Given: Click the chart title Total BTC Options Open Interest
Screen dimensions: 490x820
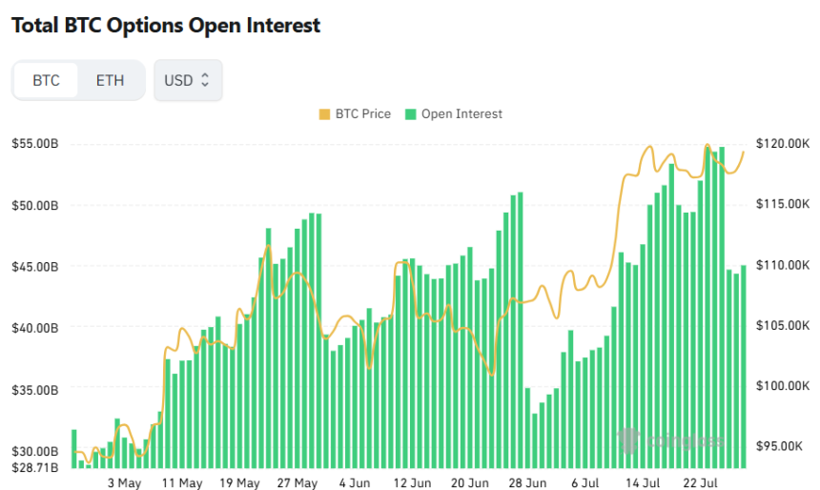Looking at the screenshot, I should coord(166,26).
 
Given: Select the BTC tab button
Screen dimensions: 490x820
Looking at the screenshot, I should coord(46,80).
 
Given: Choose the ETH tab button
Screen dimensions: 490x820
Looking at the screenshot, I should coord(110,80).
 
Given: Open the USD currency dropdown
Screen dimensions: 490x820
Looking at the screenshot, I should coord(188,80).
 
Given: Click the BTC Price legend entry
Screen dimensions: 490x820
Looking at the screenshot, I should coord(355,113).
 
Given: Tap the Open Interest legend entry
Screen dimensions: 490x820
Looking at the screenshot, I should coord(454,113).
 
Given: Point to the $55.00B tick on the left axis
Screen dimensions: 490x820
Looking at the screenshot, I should coord(35,144).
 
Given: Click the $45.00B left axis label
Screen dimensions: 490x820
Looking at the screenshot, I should coord(35,266).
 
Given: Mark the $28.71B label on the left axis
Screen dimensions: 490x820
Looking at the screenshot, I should coord(35,467).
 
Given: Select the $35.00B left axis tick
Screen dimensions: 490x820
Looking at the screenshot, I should coord(35,390).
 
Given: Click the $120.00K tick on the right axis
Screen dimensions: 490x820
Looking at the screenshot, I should coord(782,144).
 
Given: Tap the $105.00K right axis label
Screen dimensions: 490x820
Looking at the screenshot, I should coord(782,325).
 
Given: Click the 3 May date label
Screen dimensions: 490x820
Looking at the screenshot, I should coord(124,483).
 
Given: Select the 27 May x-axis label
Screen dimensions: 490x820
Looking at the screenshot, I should coord(298,483).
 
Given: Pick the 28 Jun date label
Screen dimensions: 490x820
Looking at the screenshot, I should coord(526,483).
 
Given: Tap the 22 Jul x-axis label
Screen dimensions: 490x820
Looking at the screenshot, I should coord(702,483).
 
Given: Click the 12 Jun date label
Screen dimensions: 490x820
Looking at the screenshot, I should coord(412,483).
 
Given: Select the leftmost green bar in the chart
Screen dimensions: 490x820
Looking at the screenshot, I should coord(74,449).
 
